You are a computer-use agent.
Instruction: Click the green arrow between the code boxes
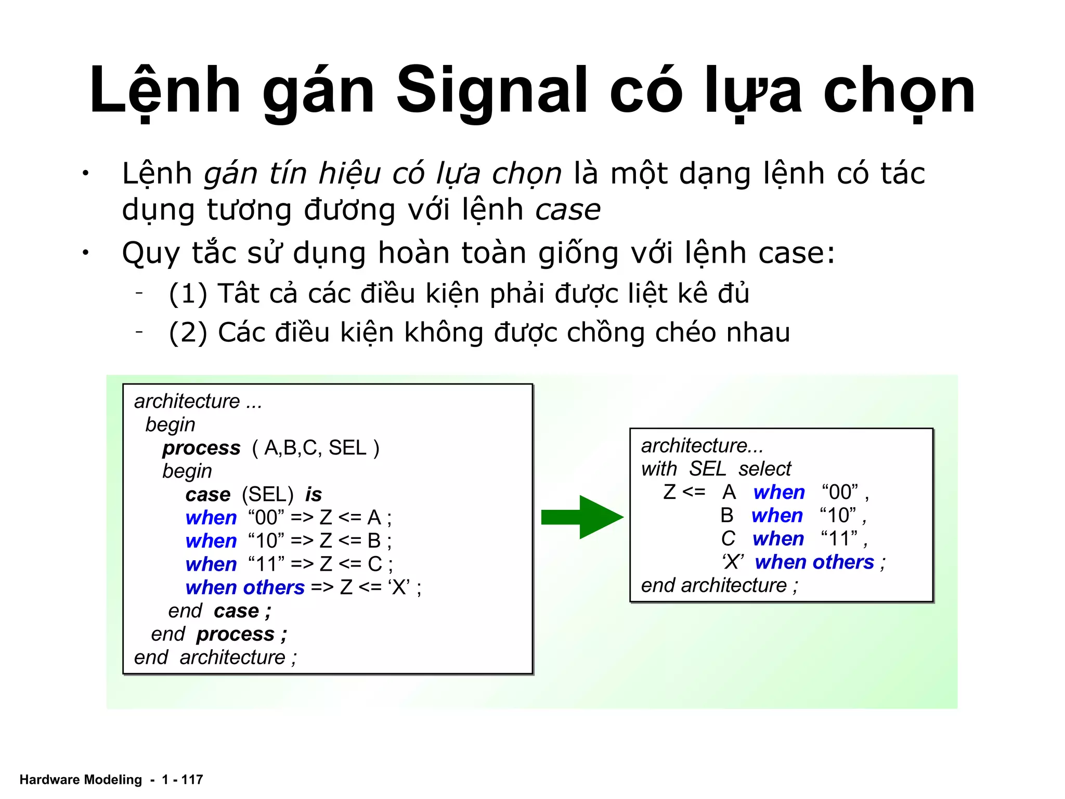click(582, 517)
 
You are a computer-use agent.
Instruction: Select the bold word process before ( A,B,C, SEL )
click(201, 448)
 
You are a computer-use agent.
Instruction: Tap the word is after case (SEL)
click(313, 494)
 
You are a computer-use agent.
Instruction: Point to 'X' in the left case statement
click(399, 587)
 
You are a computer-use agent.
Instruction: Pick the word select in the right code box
click(764, 469)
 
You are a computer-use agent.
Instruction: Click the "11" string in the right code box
click(839, 539)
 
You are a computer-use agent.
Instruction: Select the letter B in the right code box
click(727, 516)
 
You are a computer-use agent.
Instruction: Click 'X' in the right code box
click(733, 562)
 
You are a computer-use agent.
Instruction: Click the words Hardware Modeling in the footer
click(81, 779)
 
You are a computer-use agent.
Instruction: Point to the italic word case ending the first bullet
click(568, 210)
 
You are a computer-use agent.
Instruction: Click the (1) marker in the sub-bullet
click(188, 294)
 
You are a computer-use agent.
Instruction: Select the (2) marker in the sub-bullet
click(188, 333)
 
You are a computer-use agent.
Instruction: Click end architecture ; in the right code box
click(719, 586)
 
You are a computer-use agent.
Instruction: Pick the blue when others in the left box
click(245, 588)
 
